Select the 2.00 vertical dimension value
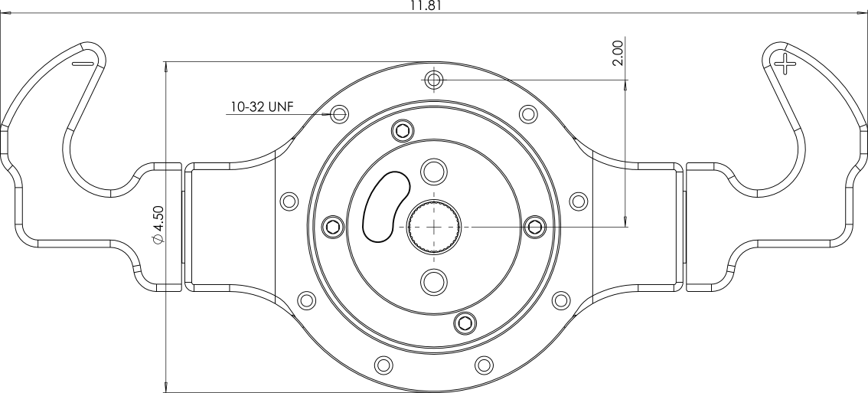618,54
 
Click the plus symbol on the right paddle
784,64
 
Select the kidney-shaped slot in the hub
386,206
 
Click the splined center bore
434,225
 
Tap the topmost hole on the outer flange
434,79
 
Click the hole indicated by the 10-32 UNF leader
340,114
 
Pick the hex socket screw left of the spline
332,225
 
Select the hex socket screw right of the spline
535,225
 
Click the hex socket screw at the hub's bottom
463,323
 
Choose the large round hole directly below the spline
434,280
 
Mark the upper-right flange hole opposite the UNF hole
527,114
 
